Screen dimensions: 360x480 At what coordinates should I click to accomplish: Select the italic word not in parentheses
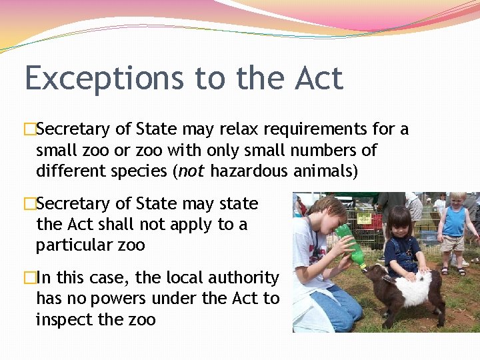coord(191,171)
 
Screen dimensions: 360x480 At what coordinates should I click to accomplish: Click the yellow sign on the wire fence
coord(365,219)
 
